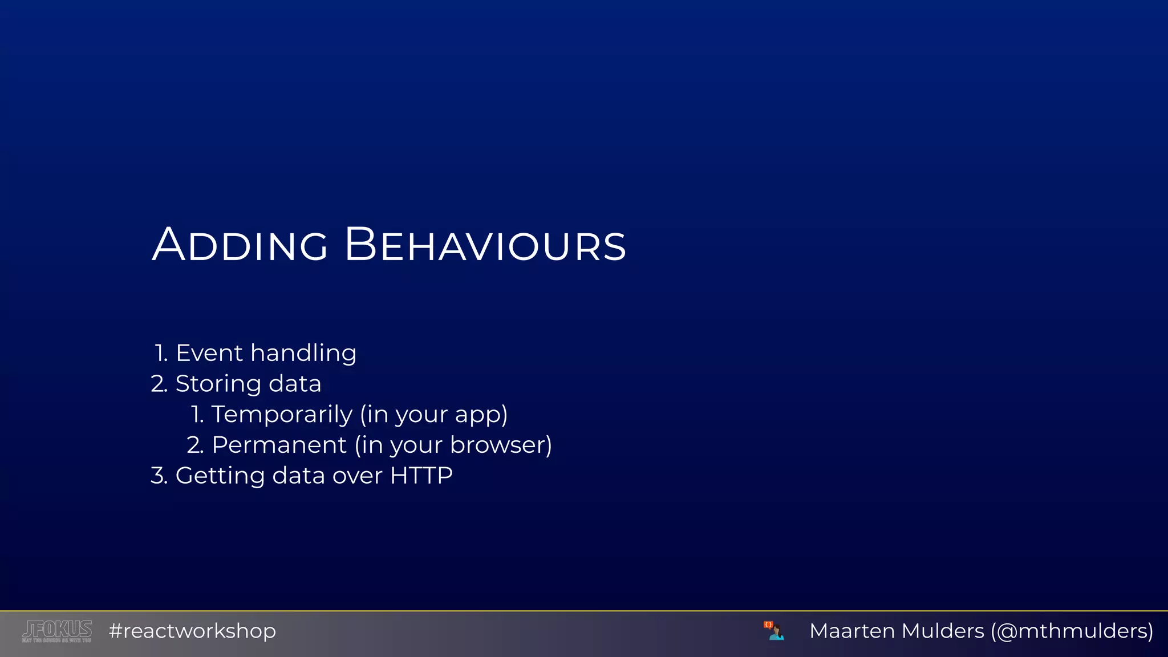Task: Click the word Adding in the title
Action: [x=240, y=245]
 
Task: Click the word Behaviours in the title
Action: [x=485, y=245]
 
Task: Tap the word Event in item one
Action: [x=209, y=353]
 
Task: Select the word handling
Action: [x=303, y=353]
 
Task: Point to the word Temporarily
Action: [x=282, y=414]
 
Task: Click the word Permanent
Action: [x=279, y=445]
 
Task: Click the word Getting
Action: [x=220, y=476]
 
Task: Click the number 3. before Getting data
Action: [x=159, y=476]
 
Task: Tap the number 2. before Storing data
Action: [x=159, y=384]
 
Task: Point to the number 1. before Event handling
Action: [x=161, y=353]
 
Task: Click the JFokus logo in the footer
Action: [x=56, y=631]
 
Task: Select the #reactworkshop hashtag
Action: [x=192, y=631]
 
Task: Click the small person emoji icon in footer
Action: [x=774, y=631]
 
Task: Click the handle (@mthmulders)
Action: [x=1072, y=631]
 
